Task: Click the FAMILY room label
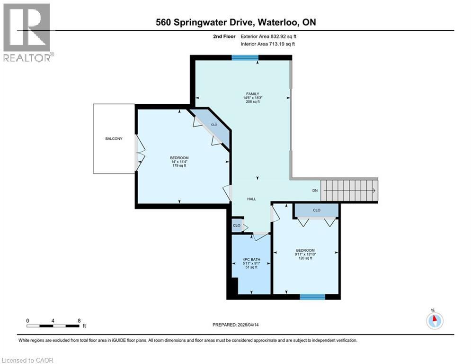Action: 252,94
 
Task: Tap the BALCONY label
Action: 114,138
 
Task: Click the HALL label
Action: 251,199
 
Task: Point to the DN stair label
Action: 315,191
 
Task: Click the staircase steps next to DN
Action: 349,191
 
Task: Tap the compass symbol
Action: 434,320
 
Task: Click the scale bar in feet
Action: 53,325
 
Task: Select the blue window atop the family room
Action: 245,58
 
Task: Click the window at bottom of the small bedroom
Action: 313,297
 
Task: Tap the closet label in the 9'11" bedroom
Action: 316,210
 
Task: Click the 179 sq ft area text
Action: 179,165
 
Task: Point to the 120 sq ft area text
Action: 304,258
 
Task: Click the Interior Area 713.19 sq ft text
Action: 268,44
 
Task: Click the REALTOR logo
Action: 27,32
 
